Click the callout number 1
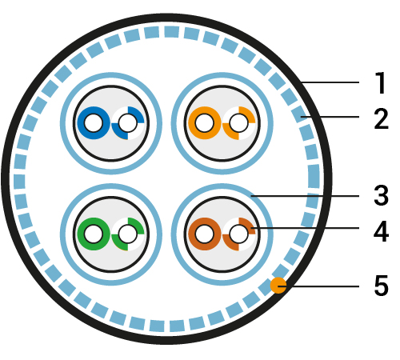(x=381, y=82)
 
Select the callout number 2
(x=381, y=118)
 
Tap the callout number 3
(x=381, y=195)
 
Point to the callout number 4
(x=381, y=231)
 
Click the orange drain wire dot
(x=278, y=286)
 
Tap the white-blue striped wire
(x=128, y=123)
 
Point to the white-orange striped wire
(x=239, y=123)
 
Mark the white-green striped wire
(x=128, y=234)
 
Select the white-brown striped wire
(x=239, y=234)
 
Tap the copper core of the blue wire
(x=94, y=123)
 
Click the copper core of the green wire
(x=94, y=234)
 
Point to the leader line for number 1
(x=330, y=82)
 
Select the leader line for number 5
(x=318, y=286)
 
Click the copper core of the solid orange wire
(x=205, y=123)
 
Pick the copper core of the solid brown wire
(x=205, y=234)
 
